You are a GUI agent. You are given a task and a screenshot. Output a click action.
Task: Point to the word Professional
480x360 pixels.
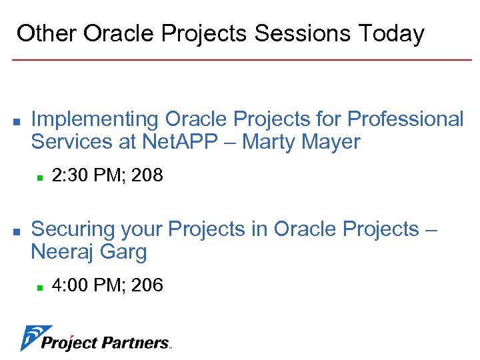pos(405,119)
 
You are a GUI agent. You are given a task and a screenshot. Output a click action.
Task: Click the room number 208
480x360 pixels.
pos(147,176)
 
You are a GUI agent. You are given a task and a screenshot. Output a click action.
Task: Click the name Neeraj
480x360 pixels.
pos(63,252)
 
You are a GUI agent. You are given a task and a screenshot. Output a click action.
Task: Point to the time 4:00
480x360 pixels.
pos(69,285)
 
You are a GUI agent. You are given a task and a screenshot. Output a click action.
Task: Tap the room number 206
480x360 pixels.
pos(147,285)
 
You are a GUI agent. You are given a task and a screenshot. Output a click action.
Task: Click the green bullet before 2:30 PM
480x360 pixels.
pos(40,177)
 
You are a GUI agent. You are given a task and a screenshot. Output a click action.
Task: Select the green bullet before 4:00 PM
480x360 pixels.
pos(40,287)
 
